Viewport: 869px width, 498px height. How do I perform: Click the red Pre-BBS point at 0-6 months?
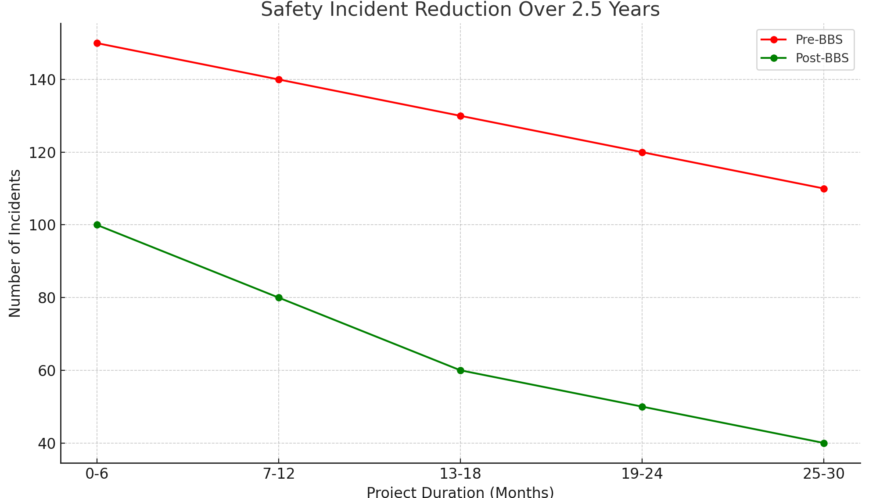pyautogui.click(x=97, y=43)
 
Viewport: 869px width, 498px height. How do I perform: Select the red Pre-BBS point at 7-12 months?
pyautogui.click(x=279, y=79)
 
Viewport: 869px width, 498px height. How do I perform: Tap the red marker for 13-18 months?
pyautogui.click(x=460, y=116)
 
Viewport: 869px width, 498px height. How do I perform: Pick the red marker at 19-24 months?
pyautogui.click(x=642, y=152)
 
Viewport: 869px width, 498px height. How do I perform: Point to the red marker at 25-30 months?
pyautogui.click(x=824, y=189)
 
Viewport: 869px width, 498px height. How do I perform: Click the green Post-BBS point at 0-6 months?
pyautogui.click(x=97, y=225)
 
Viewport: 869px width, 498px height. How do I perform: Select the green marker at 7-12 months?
pyautogui.click(x=279, y=297)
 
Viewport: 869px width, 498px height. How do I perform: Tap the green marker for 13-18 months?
pyautogui.click(x=460, y=370)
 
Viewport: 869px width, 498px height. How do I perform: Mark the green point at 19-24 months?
pyautogui.click(x=642, y=407)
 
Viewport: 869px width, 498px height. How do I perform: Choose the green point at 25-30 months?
pyautogui.click(x=824, y=443)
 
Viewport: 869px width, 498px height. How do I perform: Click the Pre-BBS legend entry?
pyautogui.click(x=819, y=39)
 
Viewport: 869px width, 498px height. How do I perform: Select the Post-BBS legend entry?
pyautogui.click(x=822, y=58)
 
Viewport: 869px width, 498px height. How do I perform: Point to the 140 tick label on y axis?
pyautogui.click(x=42, y=80)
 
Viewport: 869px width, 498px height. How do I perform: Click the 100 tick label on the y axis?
pyautogui.click(x=42, y=225)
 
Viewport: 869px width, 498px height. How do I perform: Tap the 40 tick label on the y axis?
pyautogui.click(x=47, y=444)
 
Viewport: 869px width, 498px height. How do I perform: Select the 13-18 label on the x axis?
pyautogui.click(x=460, y=474)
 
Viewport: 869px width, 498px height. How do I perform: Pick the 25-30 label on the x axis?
pyautogui.click(x=824, y=474)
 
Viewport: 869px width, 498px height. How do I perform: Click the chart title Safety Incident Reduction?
pyautogui.click(x=460, y=10)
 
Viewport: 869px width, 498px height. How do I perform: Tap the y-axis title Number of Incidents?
pyautogui.click(x=15, y=243)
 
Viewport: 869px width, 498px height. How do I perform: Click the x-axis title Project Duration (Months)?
pyautogui.click(x=460, y=492)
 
